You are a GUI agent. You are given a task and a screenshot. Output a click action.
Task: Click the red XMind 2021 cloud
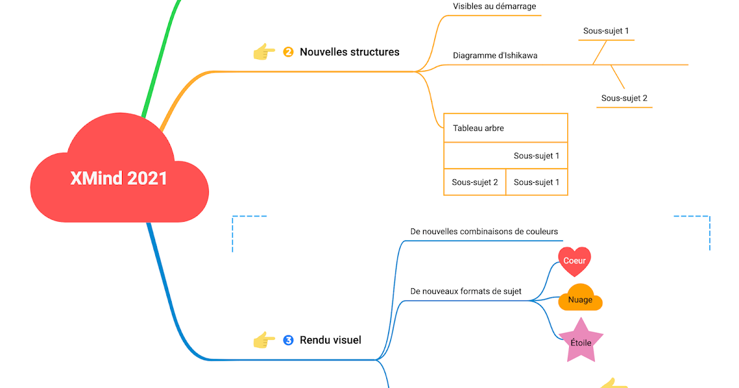click(119, 179)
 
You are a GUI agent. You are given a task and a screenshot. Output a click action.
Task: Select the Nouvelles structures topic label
click(349, 52)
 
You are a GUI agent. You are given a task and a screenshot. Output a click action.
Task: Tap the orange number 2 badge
click(288, 52)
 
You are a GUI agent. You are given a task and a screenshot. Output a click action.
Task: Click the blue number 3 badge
click(288, 340)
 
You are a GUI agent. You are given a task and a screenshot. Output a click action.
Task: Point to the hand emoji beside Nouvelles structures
click(264, 52)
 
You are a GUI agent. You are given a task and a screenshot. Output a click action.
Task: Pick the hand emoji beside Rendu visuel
click(264, 340)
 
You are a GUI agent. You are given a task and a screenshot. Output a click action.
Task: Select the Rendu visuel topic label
click(330, 340)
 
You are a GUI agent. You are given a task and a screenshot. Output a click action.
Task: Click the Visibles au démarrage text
click(495, 7)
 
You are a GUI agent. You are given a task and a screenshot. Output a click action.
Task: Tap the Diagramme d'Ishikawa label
click(495, 55)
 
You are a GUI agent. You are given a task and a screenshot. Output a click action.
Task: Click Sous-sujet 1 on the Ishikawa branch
click(606, 31)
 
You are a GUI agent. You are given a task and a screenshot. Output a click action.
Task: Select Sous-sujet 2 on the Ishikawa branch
click(624, 98)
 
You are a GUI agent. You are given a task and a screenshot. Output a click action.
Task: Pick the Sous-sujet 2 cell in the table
click(475, 182)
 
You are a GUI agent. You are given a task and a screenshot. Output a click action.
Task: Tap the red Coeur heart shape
click(574, 261)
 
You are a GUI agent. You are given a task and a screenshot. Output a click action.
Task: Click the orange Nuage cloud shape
click(580, 299)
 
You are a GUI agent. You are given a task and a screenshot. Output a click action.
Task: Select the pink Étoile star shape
click(580, 341)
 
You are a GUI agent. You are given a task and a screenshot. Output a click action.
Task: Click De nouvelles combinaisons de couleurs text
click(484, 232)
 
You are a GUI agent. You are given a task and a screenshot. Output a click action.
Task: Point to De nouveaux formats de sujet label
click(466, 291)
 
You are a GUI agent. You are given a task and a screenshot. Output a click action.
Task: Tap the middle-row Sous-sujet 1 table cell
click(536, 156)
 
